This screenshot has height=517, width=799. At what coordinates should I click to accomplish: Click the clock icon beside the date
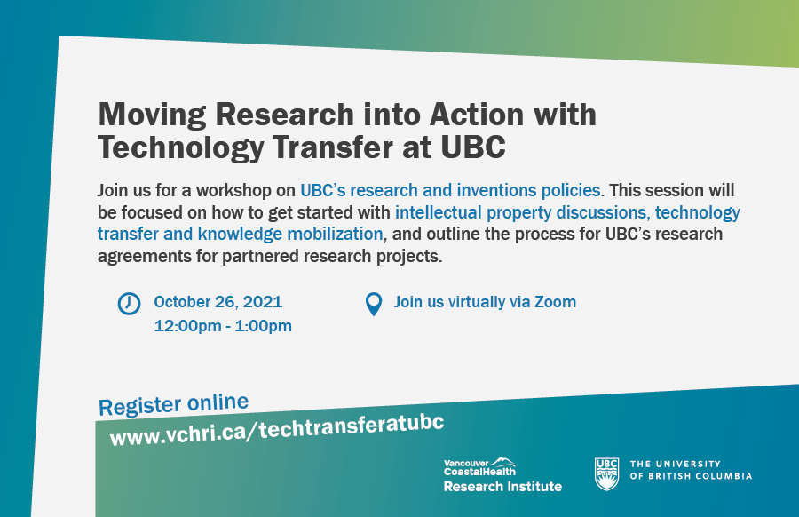(x=129, y=304)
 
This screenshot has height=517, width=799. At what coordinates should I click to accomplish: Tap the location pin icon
(x=374, y=305)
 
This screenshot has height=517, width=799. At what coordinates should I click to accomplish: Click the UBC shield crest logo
(x=606, y=474)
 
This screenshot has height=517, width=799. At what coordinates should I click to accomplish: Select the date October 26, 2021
(x=218, y=302)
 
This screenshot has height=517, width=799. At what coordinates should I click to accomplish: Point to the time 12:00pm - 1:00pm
(x=223, y=326)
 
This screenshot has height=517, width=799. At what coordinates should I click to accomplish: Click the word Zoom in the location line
(x=555, y=302)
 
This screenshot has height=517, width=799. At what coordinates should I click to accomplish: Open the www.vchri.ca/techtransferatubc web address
(x=277, y=430)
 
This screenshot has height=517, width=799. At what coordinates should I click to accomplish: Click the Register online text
(x=173, y=405)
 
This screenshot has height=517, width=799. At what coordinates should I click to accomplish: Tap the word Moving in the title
(x=153, y=115)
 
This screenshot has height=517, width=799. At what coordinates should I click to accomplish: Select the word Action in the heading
(x=477, y=115)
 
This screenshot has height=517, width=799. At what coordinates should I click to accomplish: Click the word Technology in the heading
(x=181, y=147)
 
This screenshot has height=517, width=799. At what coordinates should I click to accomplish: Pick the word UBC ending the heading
(x=473, y=147)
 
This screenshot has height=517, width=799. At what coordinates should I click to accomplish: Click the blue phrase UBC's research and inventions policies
(x=450, y=190)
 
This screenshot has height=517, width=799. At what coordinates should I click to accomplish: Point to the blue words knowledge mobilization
(x=290, y=234)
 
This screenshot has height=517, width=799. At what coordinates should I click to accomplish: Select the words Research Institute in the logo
(x=502, y=487)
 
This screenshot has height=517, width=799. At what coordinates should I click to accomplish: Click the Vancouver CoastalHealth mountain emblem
(x=503, y=461)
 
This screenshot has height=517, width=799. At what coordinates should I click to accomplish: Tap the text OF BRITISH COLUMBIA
(x=691, y=476)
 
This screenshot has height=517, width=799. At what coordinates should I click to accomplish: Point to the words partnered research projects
(x=332, y=256)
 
